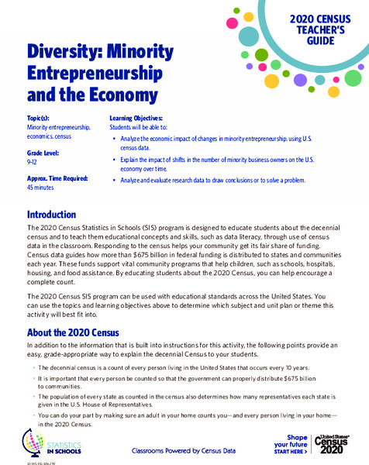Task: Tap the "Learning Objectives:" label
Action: [136, 116]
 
